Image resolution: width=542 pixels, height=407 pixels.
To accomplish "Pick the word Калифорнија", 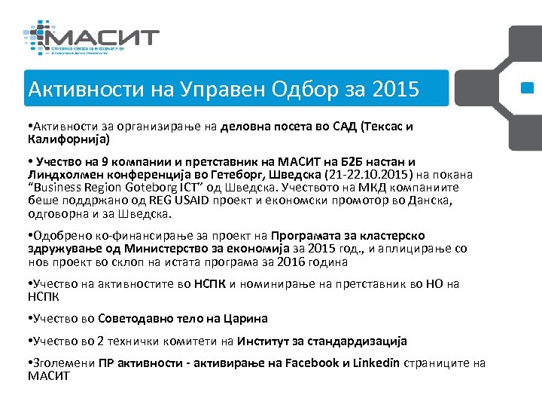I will [x=66, y=139].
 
